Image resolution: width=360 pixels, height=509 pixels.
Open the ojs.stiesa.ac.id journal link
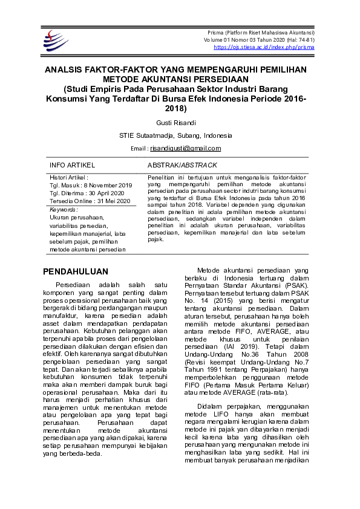point(264,47)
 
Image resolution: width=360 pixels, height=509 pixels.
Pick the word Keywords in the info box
point(64,210)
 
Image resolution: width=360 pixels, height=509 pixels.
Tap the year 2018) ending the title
point(176,109)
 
